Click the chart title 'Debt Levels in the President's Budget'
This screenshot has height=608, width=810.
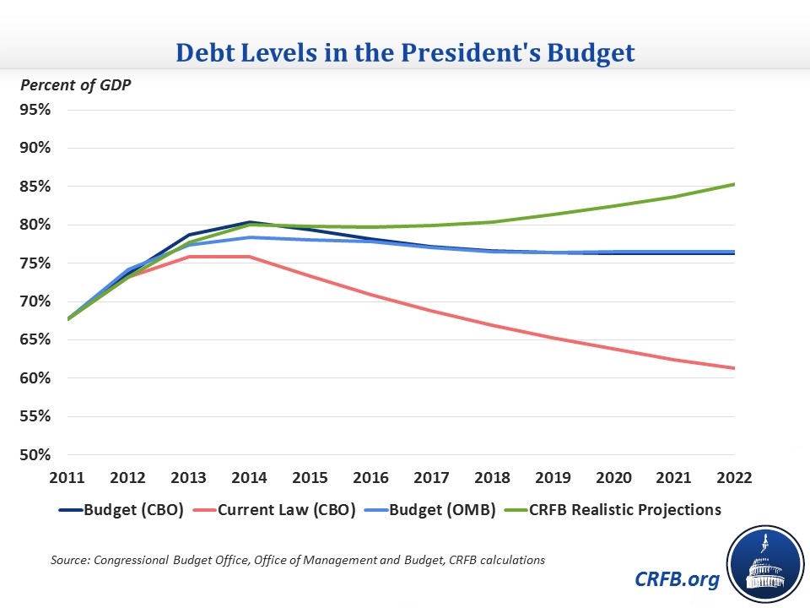pyautogui.click(x=405, y=52)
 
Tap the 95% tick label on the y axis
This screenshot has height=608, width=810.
pyautogui.click(x=35, y=110)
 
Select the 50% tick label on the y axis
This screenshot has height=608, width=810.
pyautogui.click(x=35, y=454)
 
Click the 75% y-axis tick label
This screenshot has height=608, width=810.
pyautogui.click(x=35, y=263)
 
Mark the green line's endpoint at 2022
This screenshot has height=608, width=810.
pyautogui.click(x=735, y=184)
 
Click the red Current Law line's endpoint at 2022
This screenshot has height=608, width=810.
pyautogui.click(x=735, y=368)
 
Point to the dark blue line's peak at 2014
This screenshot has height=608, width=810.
pyautogui.click(x=249, y=222)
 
